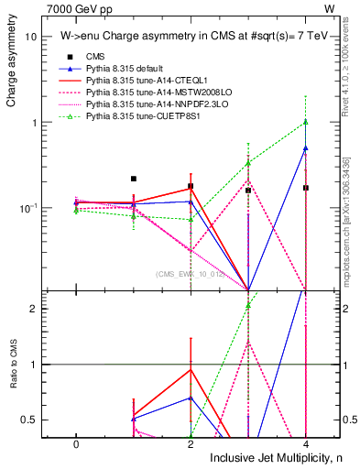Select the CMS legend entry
click(x=96, y=58)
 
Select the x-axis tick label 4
click(x=305, y=444)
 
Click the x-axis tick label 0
click(x=75, y=444)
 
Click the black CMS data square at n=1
click(x=133, y=179)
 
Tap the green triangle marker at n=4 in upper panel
click(x=305, y=122)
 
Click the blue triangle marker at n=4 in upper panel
click(x=305, y=147)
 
